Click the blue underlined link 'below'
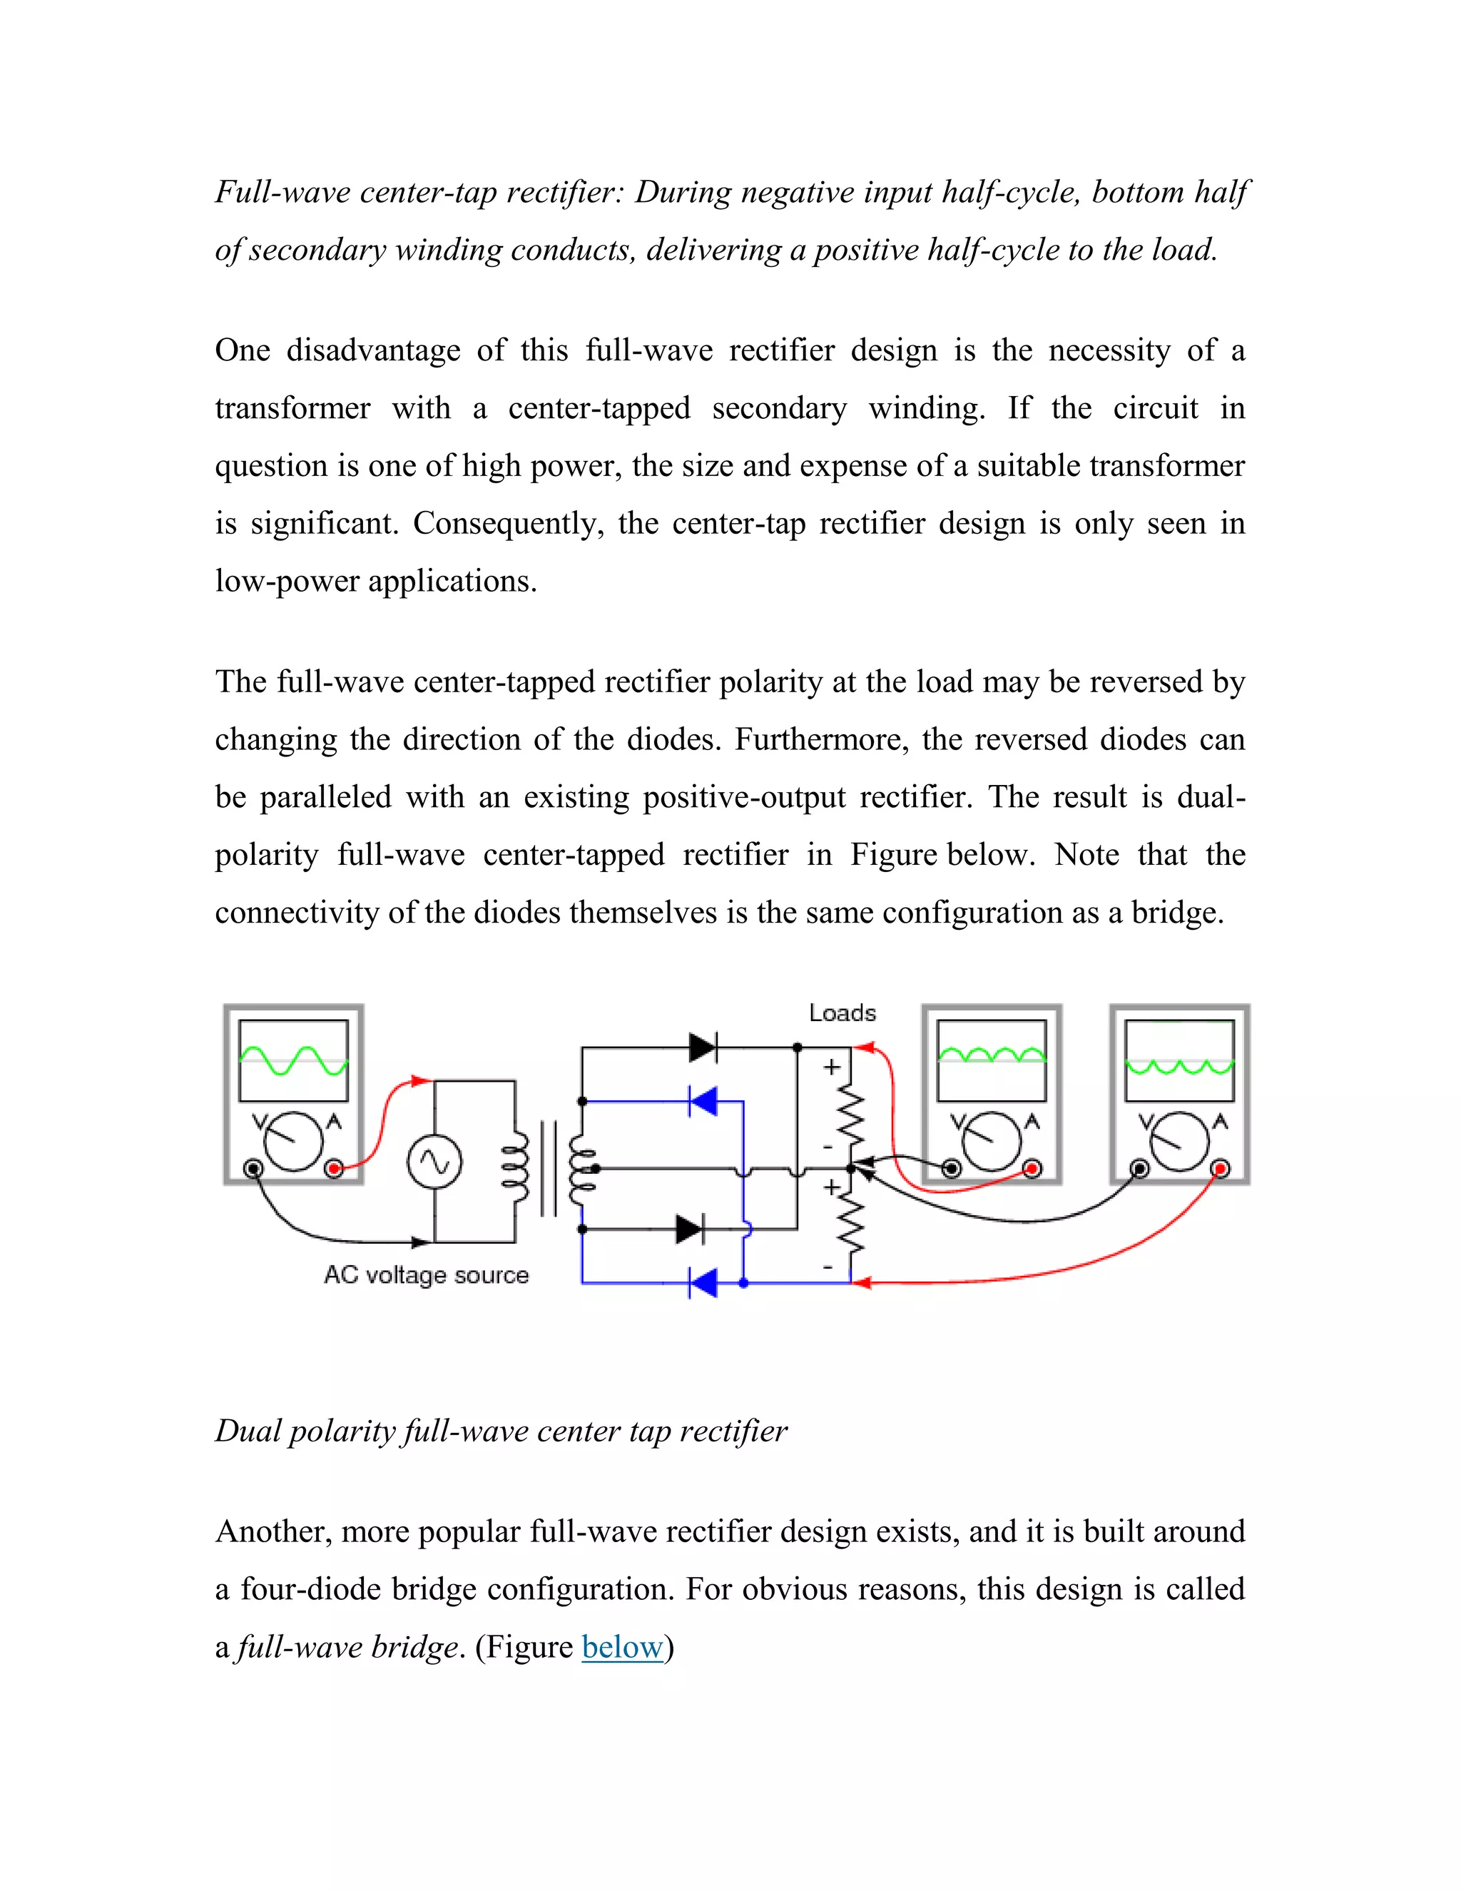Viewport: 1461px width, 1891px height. click(x=622, y=1646)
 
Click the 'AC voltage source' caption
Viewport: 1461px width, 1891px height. click(x=426, y=1274)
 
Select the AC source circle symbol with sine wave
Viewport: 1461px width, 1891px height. click(x=434, y=1162)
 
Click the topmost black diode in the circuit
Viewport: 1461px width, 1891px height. click(x=703, y=1048)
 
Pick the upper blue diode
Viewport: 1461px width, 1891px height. click(x=703, y=1101)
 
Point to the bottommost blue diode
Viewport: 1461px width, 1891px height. click(x=703, y=1282)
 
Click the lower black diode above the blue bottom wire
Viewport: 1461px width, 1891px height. click(x=690, y=1229)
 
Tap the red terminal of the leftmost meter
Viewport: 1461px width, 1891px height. click(x=334, y=1169)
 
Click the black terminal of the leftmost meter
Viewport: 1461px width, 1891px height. click(x=253, y=1169)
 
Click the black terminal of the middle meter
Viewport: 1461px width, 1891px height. click(x=951, y=1169)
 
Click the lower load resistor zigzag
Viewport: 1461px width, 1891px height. click(x=852, y=1225)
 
